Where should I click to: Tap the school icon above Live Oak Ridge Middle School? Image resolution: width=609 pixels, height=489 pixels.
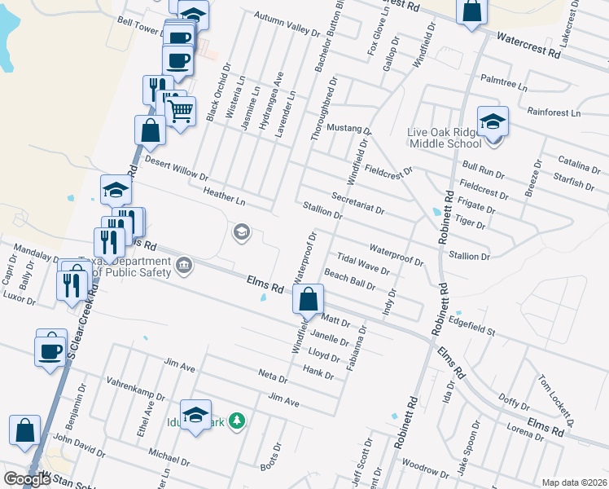coord(493,121)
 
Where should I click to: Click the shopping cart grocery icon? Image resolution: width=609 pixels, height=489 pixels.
coord(181,109)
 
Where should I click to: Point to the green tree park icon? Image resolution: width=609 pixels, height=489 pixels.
coord(237,421)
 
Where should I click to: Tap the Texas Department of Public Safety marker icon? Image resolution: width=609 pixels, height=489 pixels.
coord(185,265)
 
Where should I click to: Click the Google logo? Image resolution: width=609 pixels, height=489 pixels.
coord(27,479)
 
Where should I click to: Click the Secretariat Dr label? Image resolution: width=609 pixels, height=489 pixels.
coord(357,203)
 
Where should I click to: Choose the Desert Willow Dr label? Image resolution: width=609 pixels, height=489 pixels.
coord(176,169)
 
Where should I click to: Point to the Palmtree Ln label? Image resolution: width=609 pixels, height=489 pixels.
coord(504,83)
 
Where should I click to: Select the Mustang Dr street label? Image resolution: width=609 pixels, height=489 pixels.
coord(348,129)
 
